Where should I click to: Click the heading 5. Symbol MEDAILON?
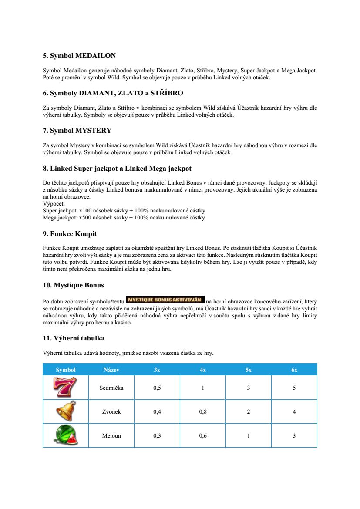point(79,56)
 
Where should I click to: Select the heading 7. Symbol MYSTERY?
point(77,130)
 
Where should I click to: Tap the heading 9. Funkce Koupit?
point(70,234)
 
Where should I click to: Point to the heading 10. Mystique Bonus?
point(73,285)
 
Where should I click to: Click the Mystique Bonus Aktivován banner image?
point(165,300)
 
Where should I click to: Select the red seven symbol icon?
point(65,387)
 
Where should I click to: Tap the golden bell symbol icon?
point(65,411)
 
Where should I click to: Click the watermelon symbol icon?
point(65,435)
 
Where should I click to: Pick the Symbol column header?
point(66,370)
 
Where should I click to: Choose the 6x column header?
point(294,370)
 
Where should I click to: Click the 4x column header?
point(203,370)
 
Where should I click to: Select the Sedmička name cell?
point(111,388)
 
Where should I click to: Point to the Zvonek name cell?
point(111,411)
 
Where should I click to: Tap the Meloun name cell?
point(111,435)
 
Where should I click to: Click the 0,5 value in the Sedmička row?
point(157,388)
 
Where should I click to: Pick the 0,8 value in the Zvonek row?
point(203,411)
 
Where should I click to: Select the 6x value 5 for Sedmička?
point(294,388)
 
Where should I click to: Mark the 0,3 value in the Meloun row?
point(157,435)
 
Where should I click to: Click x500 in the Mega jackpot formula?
point(83,217)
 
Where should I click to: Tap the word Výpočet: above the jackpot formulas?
point(54,203)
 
